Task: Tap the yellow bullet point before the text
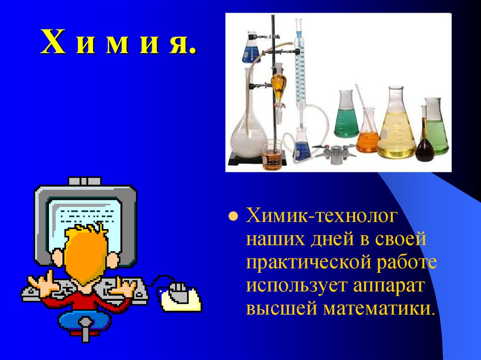coord(232,217)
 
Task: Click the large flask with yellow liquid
coord(396,129)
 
